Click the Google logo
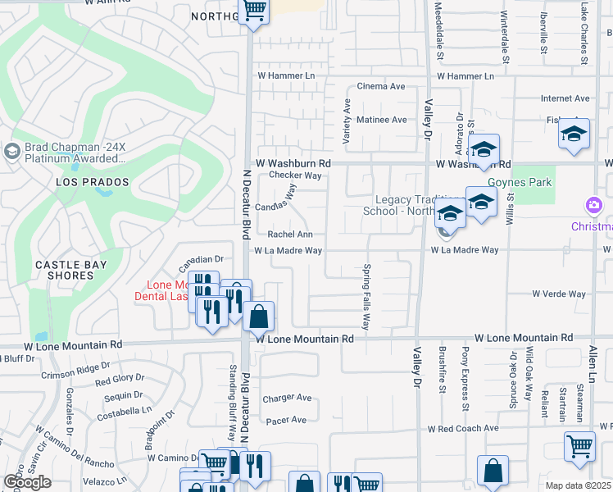click(x=27, y=482)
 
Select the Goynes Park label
click(x=520, y=182)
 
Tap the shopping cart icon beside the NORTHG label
click(x=254, y=11)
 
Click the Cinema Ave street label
click(x=381, y=86)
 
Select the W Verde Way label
click(x=559, y=294)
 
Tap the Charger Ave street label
click(x=287, y=399)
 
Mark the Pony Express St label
click(x=465, y=382)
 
